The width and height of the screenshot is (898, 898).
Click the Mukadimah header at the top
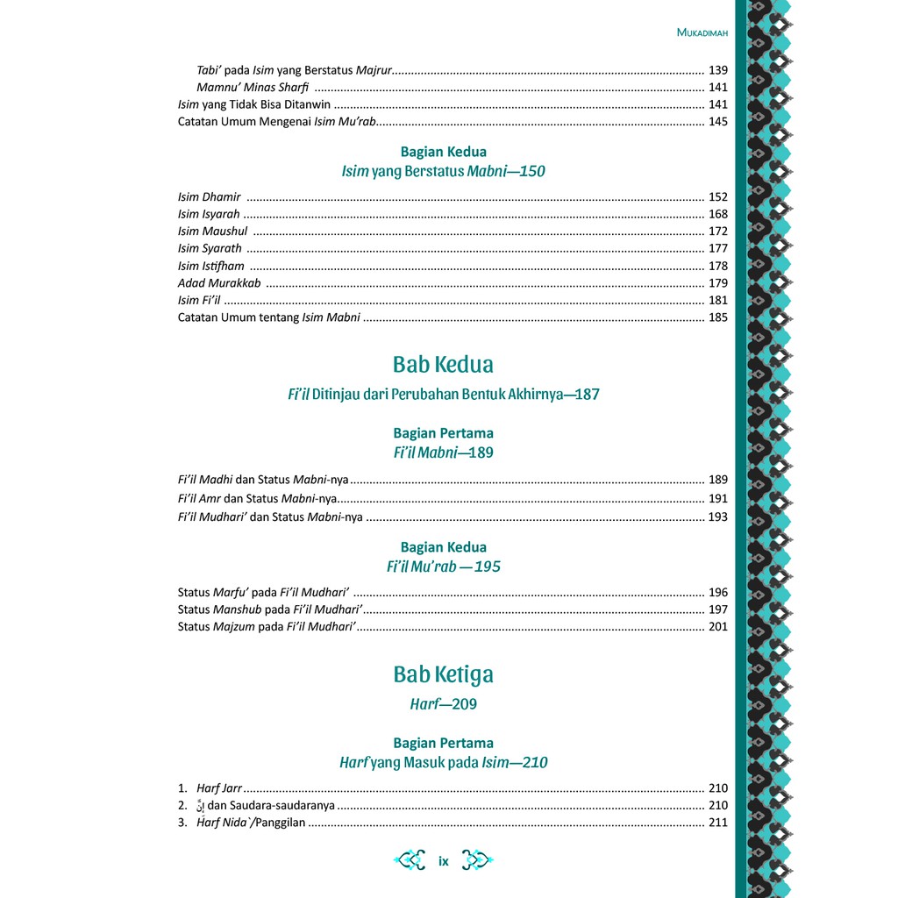click(702, 33)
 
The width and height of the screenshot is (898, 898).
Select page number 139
click(717, 69)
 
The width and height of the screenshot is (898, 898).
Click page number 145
click(717, 121)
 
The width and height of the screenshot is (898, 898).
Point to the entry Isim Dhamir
click(209, 197)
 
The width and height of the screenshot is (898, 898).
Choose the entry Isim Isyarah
click(209, 214)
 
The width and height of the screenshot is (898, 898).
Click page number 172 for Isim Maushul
click(717, 232)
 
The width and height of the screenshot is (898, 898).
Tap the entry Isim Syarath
click(210, 248)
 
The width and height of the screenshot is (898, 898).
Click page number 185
click(717, 317)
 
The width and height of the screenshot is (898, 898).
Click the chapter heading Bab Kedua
click(443, 364)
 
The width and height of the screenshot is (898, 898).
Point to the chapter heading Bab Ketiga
click(443, 674)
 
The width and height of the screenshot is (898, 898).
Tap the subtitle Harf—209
click(443, 704)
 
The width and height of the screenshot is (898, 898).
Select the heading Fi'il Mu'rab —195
click(443, 567)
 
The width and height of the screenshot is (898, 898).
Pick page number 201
click(717, 626)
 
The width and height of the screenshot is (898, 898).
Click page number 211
click(717, 823)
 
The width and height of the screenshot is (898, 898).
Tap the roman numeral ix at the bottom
click(444, 861)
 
